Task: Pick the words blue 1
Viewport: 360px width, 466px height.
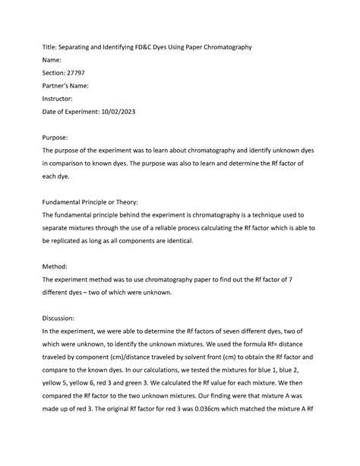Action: (x=281, y=370)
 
